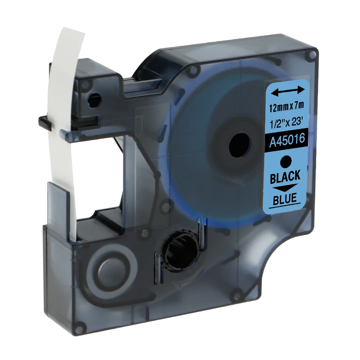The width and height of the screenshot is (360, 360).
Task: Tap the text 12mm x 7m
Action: (x=287, y=107)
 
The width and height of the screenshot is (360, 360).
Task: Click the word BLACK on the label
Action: (x=285, y=176)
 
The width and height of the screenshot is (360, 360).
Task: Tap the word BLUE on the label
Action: (x=285, y=198)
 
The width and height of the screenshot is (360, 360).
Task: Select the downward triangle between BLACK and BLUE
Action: (x=285, y=188)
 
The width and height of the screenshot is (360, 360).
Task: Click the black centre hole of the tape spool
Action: (x=239, y=145)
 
